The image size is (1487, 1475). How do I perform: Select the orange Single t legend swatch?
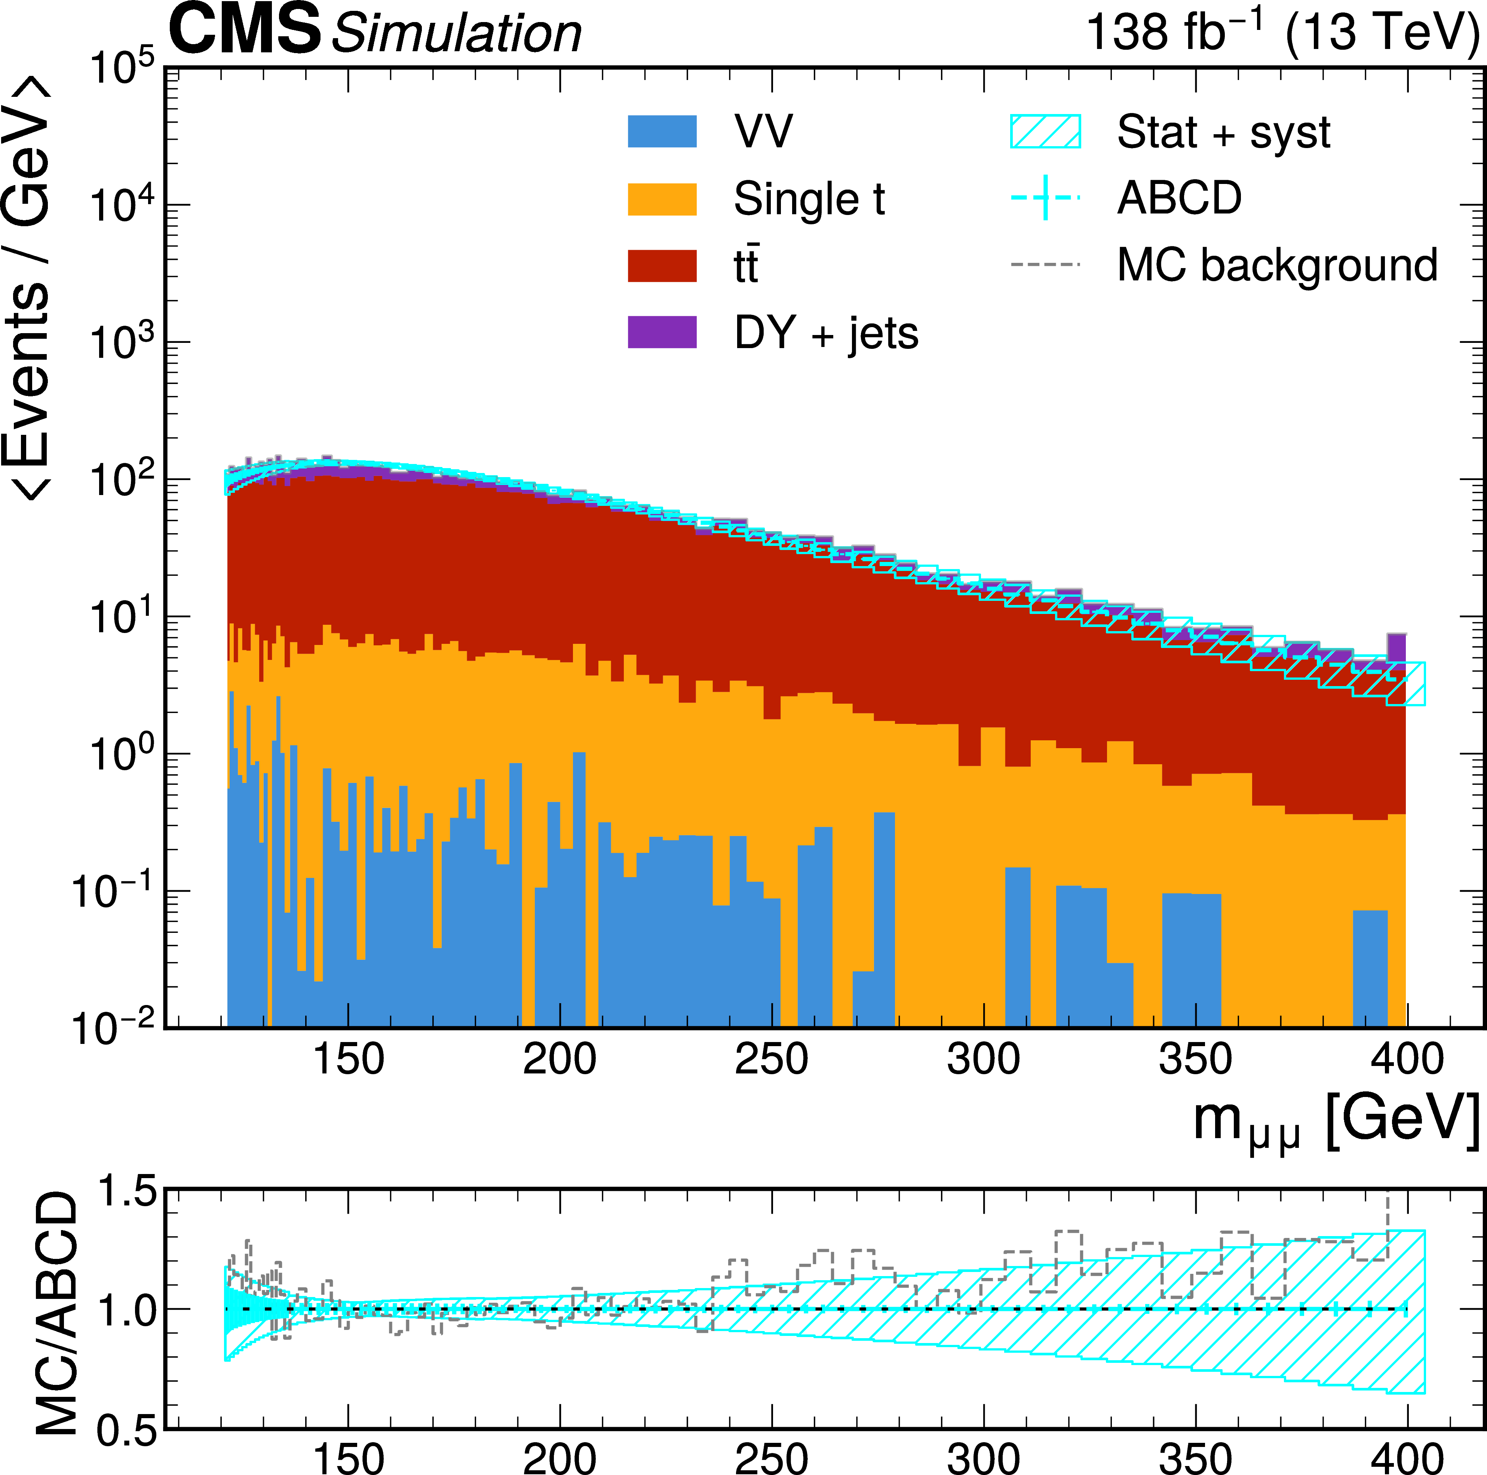pos(662,199)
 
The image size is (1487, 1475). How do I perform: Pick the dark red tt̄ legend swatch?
pos(662,266)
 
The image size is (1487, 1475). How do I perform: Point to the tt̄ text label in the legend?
pos(746,266)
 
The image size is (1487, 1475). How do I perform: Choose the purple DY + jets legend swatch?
pos(662,332)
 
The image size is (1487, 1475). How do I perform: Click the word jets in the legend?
pos(884,334)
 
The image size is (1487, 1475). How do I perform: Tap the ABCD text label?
pos(1179,199)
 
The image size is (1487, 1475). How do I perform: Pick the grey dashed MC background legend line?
pos(1045,265)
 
